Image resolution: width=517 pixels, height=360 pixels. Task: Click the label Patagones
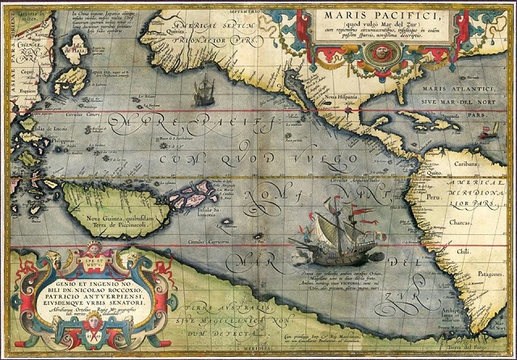click(x=490, y=275)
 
